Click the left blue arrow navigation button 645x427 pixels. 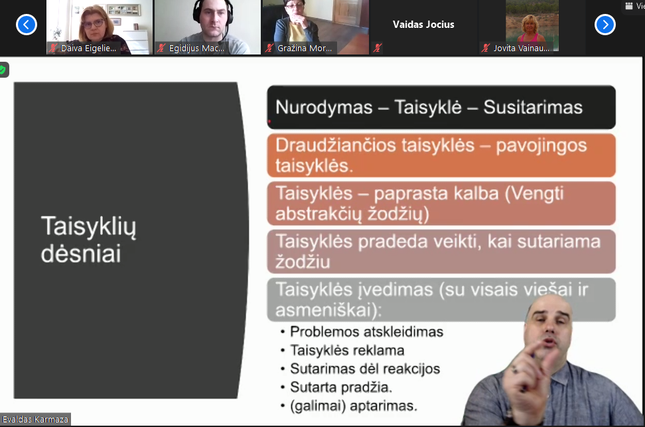tap(27, 25)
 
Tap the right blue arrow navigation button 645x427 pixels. tap(605, 25)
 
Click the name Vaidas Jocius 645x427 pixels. tap(423, 25)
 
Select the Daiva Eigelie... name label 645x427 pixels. tap(88, 48)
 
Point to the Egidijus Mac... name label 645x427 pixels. tap(196, 48)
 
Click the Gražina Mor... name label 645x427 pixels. tap(305, 48)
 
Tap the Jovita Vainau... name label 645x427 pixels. tap(521, 48)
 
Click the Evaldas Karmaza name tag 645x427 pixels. tap(35, 419)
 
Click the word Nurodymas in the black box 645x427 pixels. tap(324, 108)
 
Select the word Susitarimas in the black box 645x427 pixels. tap(533, 108)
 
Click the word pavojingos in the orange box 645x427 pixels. tap(541, 146)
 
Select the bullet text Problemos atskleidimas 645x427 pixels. tap(366, 332)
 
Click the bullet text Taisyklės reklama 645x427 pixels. tap(347, 351)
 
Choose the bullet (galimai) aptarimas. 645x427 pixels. tap(353, 406)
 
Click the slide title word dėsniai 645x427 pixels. tap(81, 253)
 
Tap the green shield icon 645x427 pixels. tap(3, 70)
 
